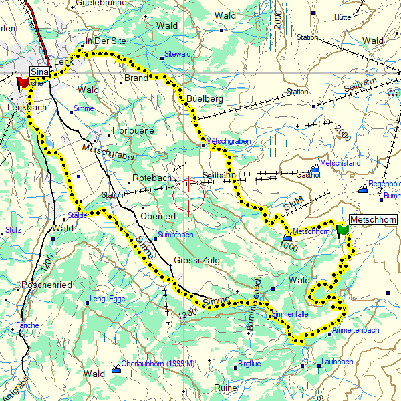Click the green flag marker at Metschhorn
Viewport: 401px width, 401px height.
point(343,229)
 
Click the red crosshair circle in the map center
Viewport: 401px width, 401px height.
point(188,195)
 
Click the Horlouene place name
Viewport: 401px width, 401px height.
point(134,131)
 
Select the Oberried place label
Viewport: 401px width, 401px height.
point(158,217)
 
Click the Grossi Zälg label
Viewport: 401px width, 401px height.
point(196,261)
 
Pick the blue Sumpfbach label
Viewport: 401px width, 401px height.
point(174,235)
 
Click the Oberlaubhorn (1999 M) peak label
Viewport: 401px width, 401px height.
point(158,364)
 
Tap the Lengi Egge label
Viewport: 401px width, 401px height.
point(108,299)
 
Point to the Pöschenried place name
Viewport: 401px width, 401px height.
point(47,285)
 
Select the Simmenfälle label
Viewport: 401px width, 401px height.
point(289,313)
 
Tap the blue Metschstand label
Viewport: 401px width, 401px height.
point(340,162)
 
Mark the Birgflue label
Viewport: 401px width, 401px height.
point(249,364)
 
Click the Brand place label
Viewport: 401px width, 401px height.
point(136,78)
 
